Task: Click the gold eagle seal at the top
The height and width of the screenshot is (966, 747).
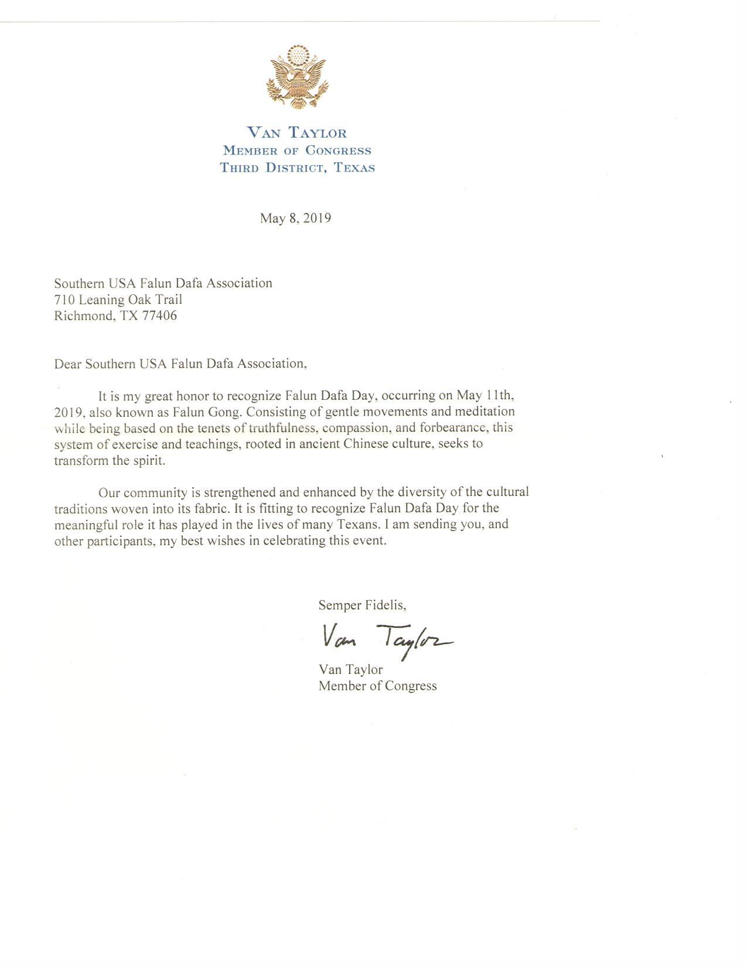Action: pos(296,77)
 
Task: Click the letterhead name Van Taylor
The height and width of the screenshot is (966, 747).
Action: pos(296,133)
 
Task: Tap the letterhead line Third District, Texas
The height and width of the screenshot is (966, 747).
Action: pos(297,167)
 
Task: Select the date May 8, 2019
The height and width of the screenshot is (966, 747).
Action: pos(295,218)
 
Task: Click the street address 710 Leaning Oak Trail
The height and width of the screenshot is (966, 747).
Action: pos(118,300)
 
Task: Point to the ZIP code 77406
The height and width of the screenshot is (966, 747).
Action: pos(159,316)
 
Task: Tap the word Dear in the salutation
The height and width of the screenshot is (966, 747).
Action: pos(68,364)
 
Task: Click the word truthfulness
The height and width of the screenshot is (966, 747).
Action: pos(282,427)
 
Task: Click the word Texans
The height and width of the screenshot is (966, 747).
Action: pos(357,524)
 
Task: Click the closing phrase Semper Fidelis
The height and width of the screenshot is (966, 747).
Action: pos(361,605)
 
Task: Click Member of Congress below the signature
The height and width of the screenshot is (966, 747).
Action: pos(377,686)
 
